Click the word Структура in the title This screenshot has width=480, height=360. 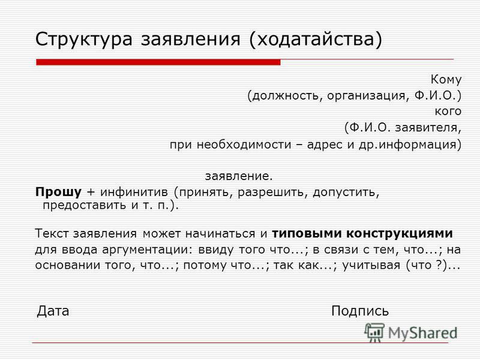84,40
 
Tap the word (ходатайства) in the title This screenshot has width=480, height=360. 316,40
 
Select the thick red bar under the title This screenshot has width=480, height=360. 158,62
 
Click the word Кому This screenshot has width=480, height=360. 446,79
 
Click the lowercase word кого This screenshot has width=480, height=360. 448,111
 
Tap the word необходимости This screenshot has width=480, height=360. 244,144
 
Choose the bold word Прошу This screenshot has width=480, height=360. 58,192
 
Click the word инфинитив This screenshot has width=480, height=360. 134,192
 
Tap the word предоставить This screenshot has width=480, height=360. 84,205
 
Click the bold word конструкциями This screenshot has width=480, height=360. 400,233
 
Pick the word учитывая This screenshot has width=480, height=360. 371,265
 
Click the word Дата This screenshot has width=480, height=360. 53,311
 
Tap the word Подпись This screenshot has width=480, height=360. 360,311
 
